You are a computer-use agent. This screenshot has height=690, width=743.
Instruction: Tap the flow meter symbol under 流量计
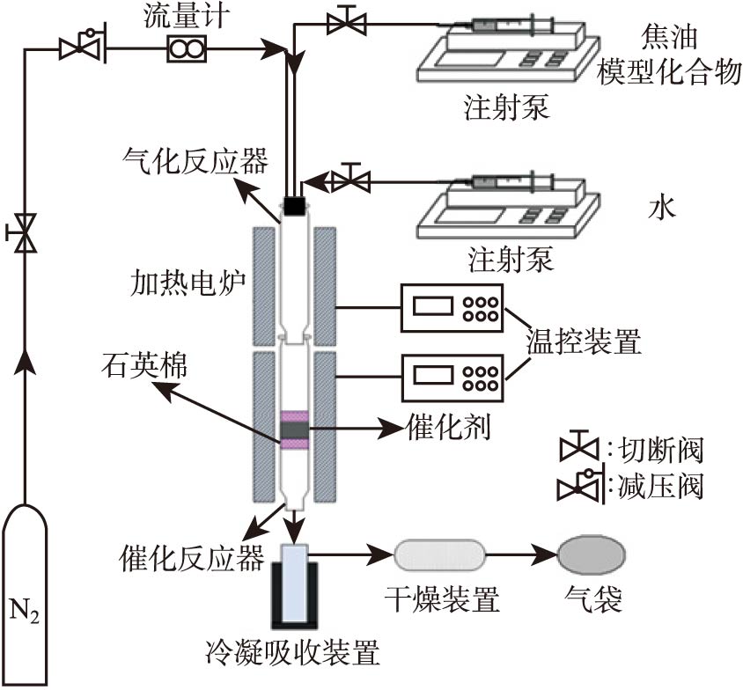[186, 51]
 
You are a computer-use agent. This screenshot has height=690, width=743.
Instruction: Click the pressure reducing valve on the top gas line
[82, 48]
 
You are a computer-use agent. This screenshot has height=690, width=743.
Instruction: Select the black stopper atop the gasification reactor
[294, 205]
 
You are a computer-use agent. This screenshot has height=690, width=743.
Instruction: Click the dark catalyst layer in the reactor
[294, 430]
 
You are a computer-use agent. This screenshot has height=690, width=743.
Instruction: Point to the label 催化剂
[448, 428]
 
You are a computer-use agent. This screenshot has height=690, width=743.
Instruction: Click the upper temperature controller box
[451, 308]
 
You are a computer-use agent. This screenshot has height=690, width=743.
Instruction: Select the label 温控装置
[581, 341]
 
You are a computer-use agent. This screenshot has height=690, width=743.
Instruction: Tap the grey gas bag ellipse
[592, 556]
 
